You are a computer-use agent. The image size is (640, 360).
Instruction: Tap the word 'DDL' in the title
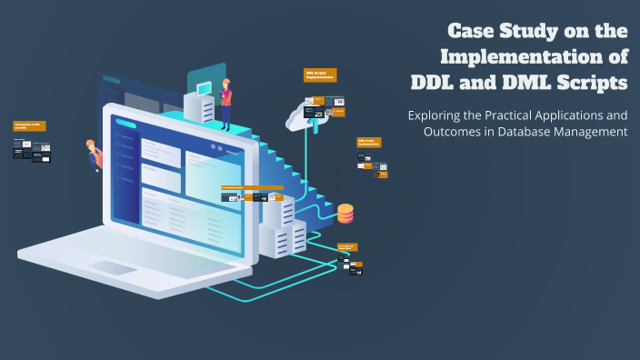pos(437,82)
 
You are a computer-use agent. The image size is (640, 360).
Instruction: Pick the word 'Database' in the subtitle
pos(538,133)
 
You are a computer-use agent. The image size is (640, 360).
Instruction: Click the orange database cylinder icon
pos(345,213)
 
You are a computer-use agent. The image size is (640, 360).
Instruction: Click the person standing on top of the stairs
pos(225,103)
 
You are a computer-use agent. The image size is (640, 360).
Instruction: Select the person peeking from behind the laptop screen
pos(95,155)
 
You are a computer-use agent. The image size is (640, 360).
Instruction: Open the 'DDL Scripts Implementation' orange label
pos(320,75)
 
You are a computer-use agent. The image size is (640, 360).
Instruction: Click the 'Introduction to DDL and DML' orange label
pos(30,126)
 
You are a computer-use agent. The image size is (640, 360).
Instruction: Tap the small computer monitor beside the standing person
pos(203,88)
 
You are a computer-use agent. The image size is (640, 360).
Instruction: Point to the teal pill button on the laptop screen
pos(125,124)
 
